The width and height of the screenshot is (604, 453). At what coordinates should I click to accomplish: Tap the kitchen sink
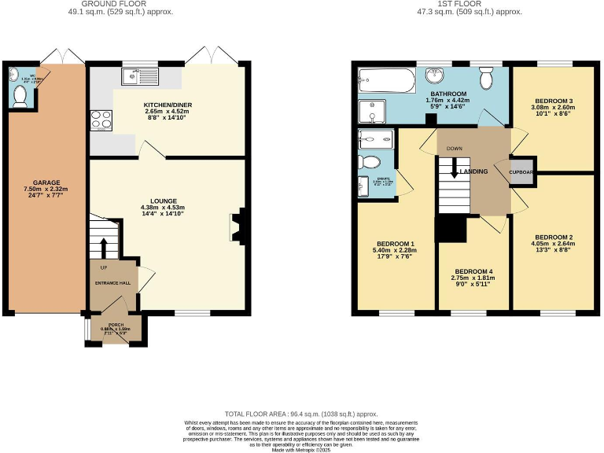[x=135, y=76]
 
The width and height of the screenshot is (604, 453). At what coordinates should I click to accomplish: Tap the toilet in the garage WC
[x=20, y=95]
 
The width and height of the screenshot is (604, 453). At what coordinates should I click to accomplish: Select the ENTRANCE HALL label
[x=113, y=283]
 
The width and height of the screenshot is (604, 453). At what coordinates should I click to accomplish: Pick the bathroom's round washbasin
[x=434, y=76]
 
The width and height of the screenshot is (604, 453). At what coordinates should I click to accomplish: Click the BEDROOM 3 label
[x=553, y=101]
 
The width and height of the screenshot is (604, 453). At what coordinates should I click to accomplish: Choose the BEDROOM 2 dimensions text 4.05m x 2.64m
[x=553, y=244]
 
